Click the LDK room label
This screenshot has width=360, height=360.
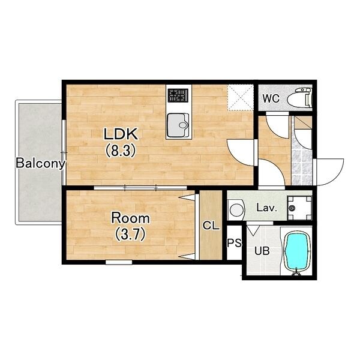click(121, 134)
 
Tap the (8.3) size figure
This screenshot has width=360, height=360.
click(121, 151)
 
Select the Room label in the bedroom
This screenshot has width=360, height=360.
click(130, 218)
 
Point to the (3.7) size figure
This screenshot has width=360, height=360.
click(130, 234)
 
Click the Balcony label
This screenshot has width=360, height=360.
click(40, 163)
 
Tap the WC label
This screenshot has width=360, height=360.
click(271, 99)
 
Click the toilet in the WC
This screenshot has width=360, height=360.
click(299, 98)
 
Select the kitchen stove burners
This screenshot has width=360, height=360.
click(178, 95)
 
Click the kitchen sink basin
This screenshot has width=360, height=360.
click(178, 125)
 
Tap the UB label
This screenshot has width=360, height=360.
click(262, 251)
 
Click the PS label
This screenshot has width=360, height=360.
click(235, 242)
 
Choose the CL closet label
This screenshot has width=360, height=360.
click(211, 226)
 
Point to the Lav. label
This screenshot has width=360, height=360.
click(266, 208)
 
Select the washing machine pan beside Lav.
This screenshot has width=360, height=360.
click(299, 208)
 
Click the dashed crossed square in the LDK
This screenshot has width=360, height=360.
click(241, 97)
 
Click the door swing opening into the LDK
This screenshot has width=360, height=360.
click(241, 152)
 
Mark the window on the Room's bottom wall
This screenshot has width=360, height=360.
click(119, 262)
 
